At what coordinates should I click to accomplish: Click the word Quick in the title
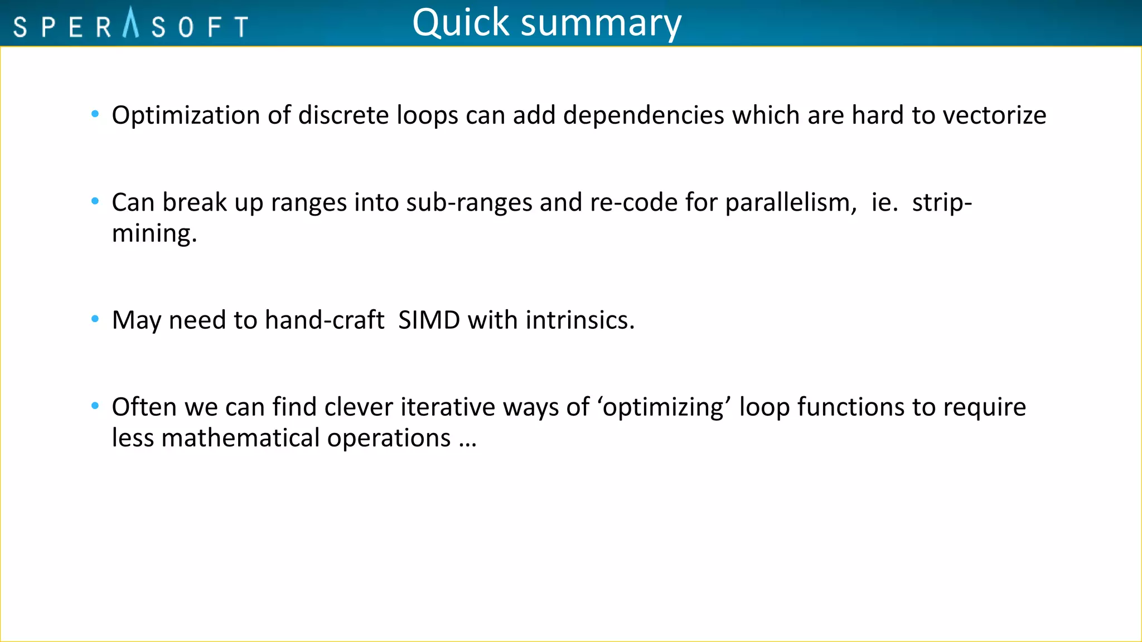tap(461, 23)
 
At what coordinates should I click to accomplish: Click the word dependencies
tap(643, 116)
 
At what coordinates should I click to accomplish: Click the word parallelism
tap(790, 203)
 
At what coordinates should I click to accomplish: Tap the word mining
tap(154, 234)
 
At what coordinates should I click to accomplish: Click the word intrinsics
tap(579, 320)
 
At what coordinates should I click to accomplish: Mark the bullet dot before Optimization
tap(95, 114)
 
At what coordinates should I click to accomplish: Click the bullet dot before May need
tap(95, 319)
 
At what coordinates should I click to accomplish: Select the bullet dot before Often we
tap(95, 406)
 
